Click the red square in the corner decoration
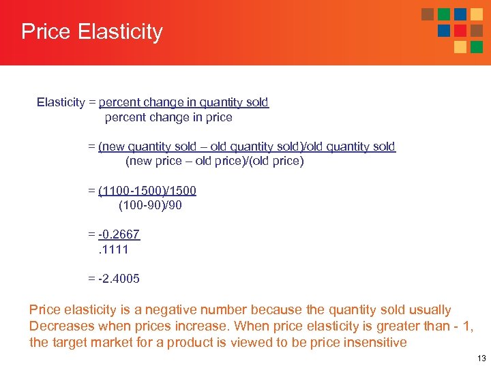[460, 31]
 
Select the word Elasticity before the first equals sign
[61, 102]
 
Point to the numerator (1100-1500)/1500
[147, 190]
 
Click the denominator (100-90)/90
[150, 205]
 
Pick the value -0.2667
[119, 234]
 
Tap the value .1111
[112, 249]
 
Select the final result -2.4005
[119, 278]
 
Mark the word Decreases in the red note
[59, 326]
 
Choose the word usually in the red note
[429, 310]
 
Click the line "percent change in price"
[168, 117]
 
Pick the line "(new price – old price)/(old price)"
[214, 162]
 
